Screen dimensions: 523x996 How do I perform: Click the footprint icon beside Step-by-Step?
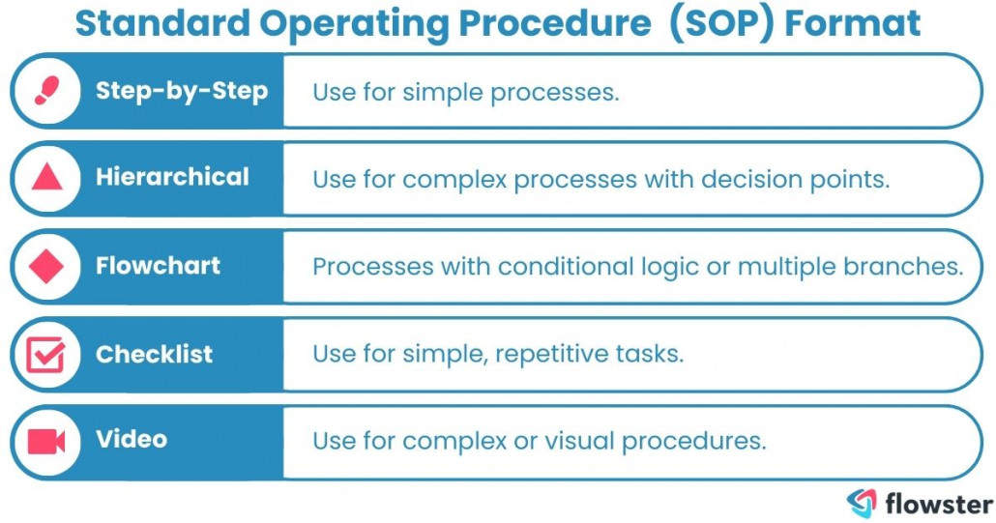click(x=46, y=91)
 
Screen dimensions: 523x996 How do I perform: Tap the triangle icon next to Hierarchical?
click(x=46, y=178)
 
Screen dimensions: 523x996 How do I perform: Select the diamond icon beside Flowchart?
click(x=46, y=266)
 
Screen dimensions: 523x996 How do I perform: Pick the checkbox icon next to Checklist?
click(x=46, y=354)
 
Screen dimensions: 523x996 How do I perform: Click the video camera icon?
click(x=46, y=441)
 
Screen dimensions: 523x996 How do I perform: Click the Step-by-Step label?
click(x=181, y=91)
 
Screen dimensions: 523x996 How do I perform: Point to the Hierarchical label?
click(x=172, y=177)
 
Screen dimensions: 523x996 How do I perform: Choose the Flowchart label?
click(x=158, y=266)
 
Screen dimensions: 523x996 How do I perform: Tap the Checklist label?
click(x=154, y=354)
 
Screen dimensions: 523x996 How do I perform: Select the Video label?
click(x=132, y=440)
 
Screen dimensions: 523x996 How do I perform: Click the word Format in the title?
click(x=852, y=23)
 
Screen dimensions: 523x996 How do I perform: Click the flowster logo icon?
click(x=862, y=504)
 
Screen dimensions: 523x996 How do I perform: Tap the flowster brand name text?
click(x=938, y=504)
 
